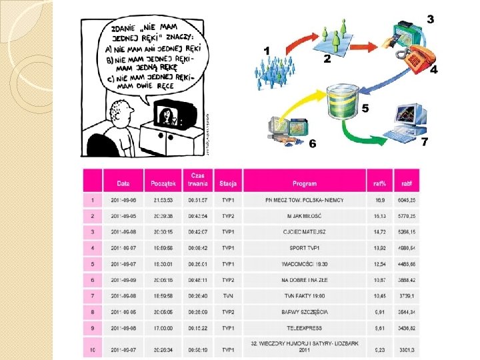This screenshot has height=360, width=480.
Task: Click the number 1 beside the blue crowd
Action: (x=267, y=50)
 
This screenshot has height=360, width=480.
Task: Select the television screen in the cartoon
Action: (x=169, y=116)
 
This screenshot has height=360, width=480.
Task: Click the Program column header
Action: (x=304, y=183)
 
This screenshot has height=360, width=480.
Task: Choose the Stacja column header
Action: (x=228, y=183)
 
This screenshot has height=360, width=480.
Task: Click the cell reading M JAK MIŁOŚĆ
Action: (x=304, y=216)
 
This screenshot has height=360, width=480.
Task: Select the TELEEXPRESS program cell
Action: (x=304, y=329)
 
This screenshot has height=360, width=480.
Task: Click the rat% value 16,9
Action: (x=379, y=199)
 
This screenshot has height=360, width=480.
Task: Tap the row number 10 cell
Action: (x=92, y=349)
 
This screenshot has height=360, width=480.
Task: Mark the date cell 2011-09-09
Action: (x=123, y=280)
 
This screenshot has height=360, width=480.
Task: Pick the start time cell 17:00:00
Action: (x=163, y=329)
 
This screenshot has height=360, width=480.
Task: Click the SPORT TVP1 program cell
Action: (x=304, y=248)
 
